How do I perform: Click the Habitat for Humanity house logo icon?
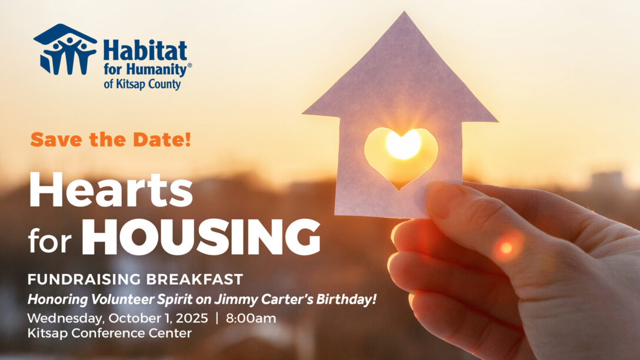tap(65, 49)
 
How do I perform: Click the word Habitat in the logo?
tap(145, 50)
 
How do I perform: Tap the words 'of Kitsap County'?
tap(142, 84)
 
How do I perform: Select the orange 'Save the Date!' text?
tap(111, 139)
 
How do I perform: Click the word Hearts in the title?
tap(111, 190)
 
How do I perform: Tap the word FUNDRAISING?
tap(84, 279)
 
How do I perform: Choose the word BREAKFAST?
tap(195, 279)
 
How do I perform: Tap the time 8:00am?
tap(251, 318)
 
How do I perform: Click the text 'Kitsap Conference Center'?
tap(109, 333)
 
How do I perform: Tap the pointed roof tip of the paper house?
tap(404, 12)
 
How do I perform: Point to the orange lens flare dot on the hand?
tap(506, 247)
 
